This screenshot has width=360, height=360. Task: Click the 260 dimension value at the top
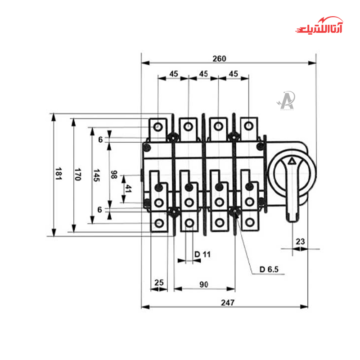(x=220, y=58)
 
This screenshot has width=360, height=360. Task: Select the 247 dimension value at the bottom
(x=228, y=302)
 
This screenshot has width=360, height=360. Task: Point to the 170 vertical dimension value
(x=77, y=175)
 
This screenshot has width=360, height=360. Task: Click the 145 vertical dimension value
(x=96, y=175)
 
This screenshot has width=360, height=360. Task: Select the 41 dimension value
(x=129, y=189)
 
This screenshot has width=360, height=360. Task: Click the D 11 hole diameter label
(x=202, y=254)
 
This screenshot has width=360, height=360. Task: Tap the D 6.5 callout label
(x=270, y=270)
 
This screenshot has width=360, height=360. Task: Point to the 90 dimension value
(x=204, y=284)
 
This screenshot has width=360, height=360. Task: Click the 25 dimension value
(x=159, y=283)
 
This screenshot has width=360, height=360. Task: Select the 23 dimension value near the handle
(x=300, y=242)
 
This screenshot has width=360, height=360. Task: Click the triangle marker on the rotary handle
(x=292, y=161)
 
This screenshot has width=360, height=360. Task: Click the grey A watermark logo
(x=286, y=100)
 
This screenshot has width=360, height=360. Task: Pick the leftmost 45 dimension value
(x=174, y=73)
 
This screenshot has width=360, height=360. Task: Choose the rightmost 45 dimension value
(x=233, y=73)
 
